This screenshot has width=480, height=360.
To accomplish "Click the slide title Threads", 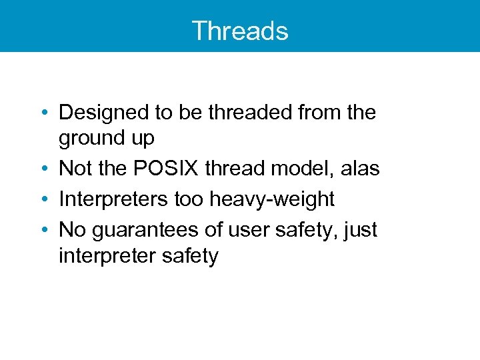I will coord(240,31).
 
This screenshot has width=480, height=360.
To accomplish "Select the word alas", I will coord(359,169).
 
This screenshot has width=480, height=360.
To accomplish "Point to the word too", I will coord(191,199).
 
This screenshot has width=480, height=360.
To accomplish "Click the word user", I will coord(248,229).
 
